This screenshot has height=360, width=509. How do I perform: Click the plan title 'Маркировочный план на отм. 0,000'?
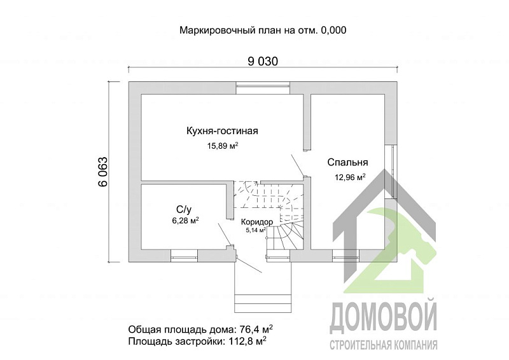(263, 30)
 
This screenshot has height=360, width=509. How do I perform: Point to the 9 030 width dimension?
(263, 61)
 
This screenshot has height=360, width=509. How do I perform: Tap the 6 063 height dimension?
(102, 172)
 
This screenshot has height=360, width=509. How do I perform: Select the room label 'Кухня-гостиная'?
(213, 132)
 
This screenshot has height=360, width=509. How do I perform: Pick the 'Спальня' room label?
(347, 162)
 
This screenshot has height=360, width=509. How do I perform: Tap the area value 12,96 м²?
(350, 177)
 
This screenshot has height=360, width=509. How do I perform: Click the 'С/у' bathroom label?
(184, 209)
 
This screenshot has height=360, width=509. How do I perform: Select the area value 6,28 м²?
(185, 221)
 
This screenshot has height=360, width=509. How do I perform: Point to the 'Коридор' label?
(257, 221)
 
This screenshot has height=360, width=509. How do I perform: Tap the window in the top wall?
(263, 88)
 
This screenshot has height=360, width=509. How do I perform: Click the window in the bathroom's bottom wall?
(183, 257)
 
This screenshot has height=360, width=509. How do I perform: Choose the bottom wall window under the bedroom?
(345, 257)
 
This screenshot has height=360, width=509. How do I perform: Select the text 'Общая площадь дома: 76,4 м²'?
(200, 329)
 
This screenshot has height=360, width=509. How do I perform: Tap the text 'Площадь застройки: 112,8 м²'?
(197, 341)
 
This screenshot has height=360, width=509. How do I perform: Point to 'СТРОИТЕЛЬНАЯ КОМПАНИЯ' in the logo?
(384, 345)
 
